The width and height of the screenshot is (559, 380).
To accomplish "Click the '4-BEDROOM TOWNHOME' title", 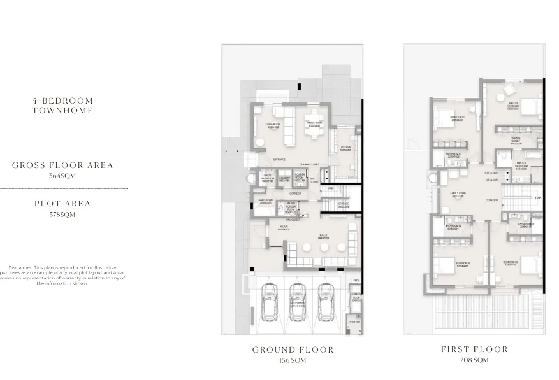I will [x=62, y=106].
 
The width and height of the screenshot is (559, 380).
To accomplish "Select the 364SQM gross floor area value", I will [x=62, y=176].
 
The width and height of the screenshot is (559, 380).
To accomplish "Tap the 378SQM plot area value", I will [x=62, y=215].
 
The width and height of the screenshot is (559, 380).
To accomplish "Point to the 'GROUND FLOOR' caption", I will [x=293, y=349].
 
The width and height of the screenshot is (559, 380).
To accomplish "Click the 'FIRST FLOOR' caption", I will [x=474, y=349].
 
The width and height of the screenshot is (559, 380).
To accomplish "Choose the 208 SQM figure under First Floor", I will [x=474, y=360].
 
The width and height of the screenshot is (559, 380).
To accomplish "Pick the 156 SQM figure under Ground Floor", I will [x=293, y=360].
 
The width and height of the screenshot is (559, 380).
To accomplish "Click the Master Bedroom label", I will [x=513, y=106].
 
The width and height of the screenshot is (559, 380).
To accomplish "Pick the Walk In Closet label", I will [x=516, y=140].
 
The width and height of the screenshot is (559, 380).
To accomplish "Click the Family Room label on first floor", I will [x=457, y=194].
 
